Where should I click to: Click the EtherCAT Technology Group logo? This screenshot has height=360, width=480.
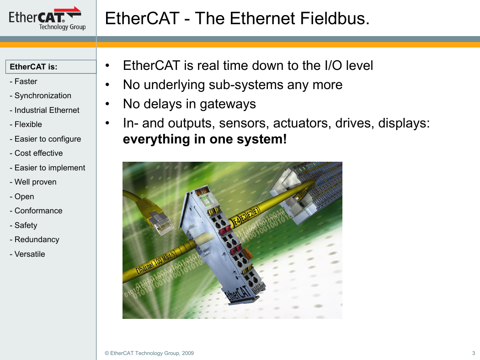click(x=47, y=18)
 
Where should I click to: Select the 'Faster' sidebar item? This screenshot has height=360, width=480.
click(x=23, y=81)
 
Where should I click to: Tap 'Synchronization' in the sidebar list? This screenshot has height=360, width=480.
click(x=40, y=96)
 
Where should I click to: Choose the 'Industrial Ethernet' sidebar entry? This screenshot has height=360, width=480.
click(x=44, y=110)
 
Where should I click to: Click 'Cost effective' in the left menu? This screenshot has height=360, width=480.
click(x=36, y=153)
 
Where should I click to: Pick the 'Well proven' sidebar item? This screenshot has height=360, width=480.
click(x=33, y=182)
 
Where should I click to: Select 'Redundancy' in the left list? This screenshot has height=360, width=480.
click(x=34, y=239)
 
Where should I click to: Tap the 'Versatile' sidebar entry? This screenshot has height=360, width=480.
click(x=27, y=254)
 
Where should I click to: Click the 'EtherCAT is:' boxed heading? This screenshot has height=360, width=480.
click(x=51, y=67)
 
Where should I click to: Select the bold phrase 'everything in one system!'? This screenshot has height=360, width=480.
click(x=205, y=139)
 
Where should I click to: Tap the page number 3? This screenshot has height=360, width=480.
click(x=474, y=353)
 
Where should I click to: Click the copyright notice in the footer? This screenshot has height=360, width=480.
click(x=149, y=353)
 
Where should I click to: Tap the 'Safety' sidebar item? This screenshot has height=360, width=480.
click(x=23, y=225)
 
